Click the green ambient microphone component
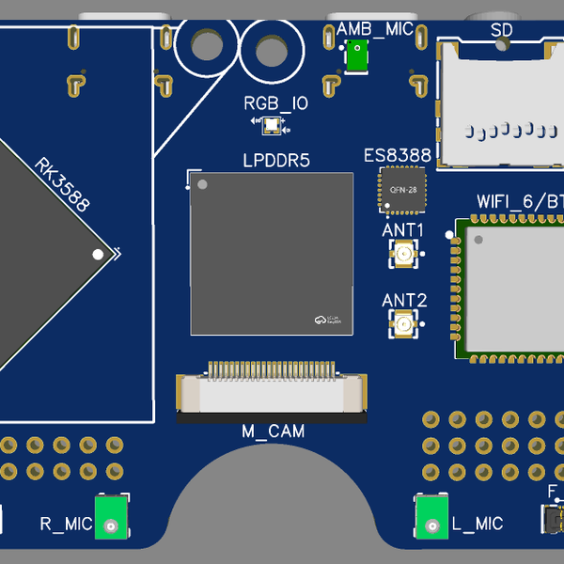click(x=357, y=56)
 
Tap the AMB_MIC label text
click(x=374, y=29)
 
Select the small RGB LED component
click(x=271, y=123)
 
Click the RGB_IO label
click(x=275, y=103)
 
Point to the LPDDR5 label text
click(x=276, y=161)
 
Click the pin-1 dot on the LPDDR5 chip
click(x=200, y=185)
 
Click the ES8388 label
click(x=398, y=155)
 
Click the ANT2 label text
click(x=404, y=301)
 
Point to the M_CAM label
click(x=274, y=431)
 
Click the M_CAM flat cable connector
click(x=273, y=392)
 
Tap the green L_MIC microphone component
click(x=433, y=516)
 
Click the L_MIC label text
click(x=478, y=524)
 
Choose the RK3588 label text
click(x=62, y=185)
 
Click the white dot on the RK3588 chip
click(x=98, y=254)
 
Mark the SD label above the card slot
click(x=501, y=30)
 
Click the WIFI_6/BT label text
click(x=520, y=200)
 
